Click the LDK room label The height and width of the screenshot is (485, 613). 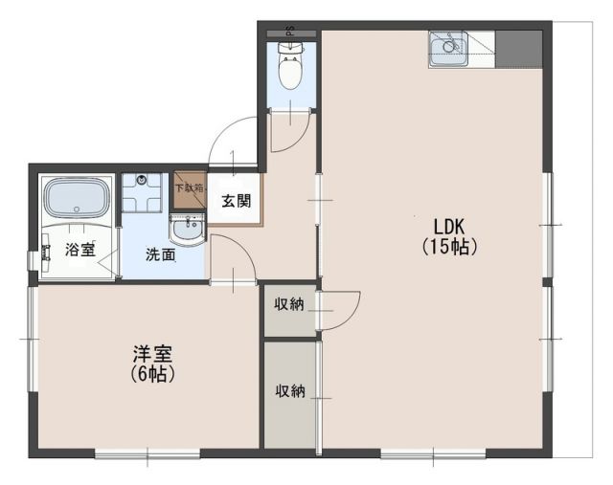point(448,227)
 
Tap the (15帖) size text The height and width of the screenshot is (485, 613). point(448,246)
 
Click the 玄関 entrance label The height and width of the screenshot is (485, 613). point(237,201)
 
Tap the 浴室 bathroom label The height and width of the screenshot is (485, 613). point(80,251)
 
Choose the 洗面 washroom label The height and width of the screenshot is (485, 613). point(160,255)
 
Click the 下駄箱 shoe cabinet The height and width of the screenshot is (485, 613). point(188,189)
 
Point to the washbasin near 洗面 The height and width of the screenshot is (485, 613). point(187,230)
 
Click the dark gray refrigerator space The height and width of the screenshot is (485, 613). point(518,49)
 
